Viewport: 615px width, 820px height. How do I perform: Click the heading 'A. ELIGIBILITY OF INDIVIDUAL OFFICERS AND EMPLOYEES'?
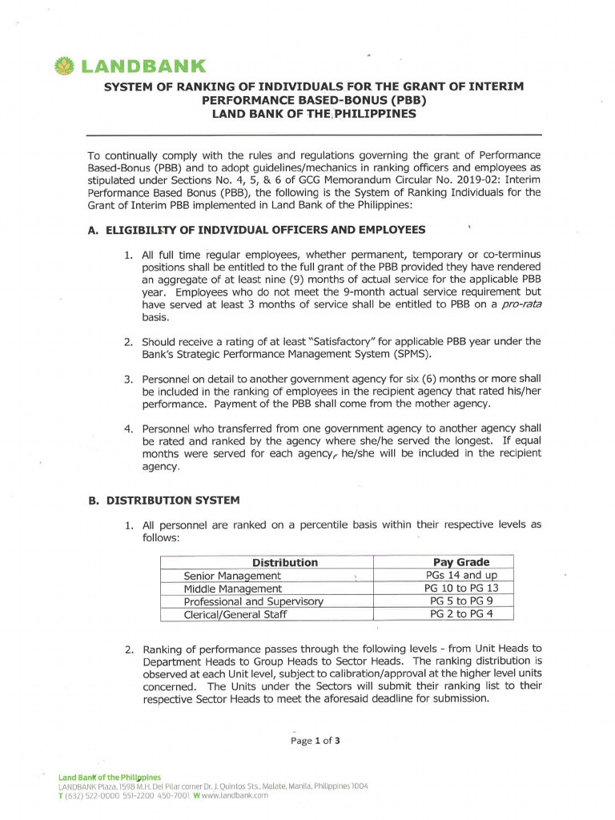pyautogui.click(x=256, y=231)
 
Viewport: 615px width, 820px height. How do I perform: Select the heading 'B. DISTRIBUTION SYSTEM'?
pyautogui.click(x=163, y=500)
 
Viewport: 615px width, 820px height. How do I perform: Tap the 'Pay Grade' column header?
pyautogui.click(x=460, y=562)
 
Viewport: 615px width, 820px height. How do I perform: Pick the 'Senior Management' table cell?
pyautogui.click(x=232, y=576)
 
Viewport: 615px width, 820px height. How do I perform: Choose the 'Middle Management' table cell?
pyautogui.click(x=233, y=589)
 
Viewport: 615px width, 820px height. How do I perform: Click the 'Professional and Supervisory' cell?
pyautogui.click(x=254, y=601)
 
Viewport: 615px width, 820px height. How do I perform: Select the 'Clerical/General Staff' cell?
pyautogui.click(x=235, y=614)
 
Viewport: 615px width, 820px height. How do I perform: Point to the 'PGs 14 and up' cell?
pyautogui.click(x=461, y=575)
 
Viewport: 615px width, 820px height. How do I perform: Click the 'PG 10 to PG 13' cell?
pyautogui.click(x=461, y=588)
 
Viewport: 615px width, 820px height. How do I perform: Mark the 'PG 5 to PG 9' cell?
pyautogui.click(x=461, y=601)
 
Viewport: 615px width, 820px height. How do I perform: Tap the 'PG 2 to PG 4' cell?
pyautogui.click(x=461, y=613)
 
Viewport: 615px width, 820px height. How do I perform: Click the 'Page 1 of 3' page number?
pyautogui.click(x=316, y=741)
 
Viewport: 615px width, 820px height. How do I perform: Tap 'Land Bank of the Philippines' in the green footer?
pyautogui.click(x=110, y=778)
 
